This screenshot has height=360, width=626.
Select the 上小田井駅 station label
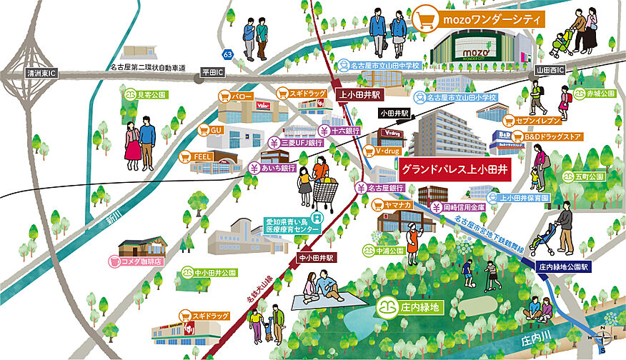(360, 94)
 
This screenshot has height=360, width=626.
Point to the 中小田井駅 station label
(314, 257)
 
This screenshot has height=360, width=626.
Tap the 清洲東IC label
(42, 73)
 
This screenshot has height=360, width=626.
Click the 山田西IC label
(550, 71)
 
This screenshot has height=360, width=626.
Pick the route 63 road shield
(227, 54)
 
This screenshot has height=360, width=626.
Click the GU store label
(215, 131)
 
